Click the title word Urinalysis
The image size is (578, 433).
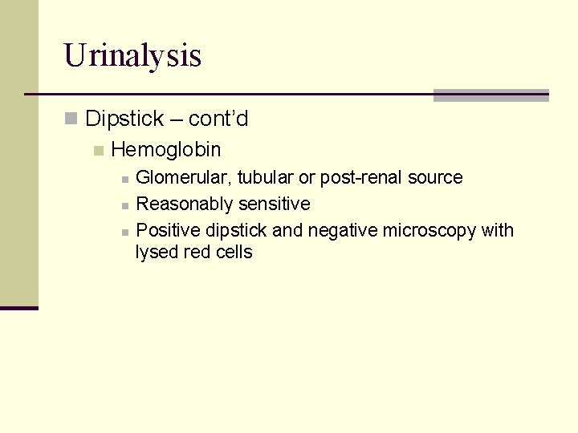(x=132, y=55)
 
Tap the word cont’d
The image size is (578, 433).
(x=218, y=119)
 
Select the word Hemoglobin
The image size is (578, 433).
(x=166, y=149)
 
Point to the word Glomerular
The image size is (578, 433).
(x=184, y=177)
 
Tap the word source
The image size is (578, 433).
(x=436, y=177)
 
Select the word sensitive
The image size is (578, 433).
(x=274, y=204)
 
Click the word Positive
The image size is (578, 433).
(x=169, y=231)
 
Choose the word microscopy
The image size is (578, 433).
(x=429, y=231)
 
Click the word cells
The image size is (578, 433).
(x=234, y=253)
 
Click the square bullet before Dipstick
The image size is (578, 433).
(x=71, y=120)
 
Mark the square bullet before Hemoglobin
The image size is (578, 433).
(x=98, y=150)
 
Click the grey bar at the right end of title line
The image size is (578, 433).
(x=490, y=95)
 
